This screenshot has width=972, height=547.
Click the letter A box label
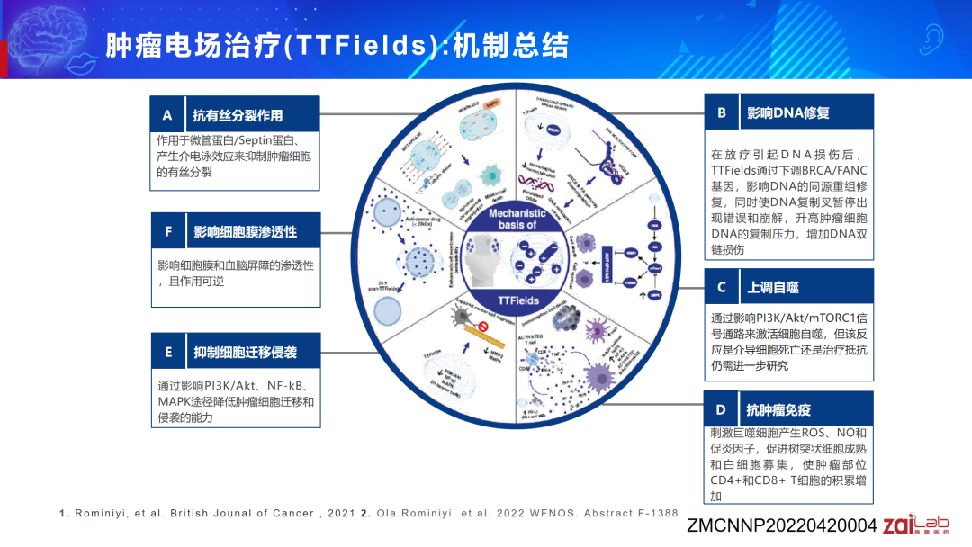click(x=167, y=115)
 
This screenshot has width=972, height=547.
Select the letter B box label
click(x=721, y=112)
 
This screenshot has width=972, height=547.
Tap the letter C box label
click(x=721, y=287)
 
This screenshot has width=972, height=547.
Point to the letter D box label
click(x=721, y=410)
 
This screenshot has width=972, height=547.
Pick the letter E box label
click(x=167, y=352)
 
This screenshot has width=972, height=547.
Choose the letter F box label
click(x=167, y=231)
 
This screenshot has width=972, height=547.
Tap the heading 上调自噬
click(x=773, y=287)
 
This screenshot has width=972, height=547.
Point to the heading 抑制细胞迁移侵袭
click(x=245, y=352)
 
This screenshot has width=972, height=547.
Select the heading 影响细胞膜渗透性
click(x=245, y=231)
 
